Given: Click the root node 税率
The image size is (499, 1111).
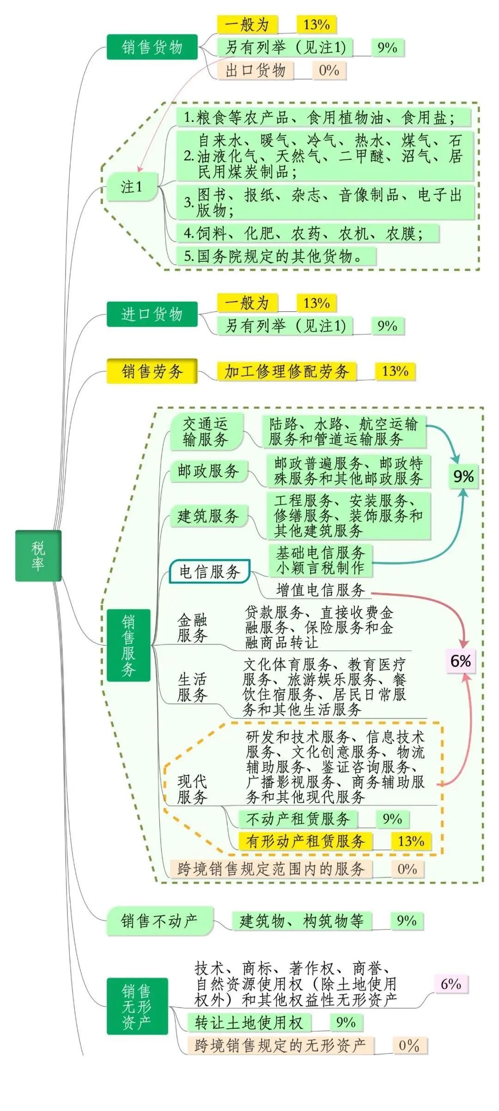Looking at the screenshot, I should (38, 555).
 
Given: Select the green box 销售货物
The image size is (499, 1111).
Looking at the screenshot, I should (152, 47).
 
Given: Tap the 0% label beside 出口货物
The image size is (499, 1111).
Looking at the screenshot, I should (329, 70).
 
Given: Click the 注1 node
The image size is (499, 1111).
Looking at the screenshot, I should (132, 187).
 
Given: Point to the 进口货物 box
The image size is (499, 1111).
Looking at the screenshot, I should (152, 314).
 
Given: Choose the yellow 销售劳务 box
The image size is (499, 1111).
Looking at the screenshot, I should (152, 371).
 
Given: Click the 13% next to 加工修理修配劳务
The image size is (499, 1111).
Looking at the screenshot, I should (395, 371).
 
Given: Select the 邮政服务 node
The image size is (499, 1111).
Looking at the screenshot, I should (208, 471).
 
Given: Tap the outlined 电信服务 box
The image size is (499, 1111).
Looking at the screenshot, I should (210, 572).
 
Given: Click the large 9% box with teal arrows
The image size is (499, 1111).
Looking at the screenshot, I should (463, 477).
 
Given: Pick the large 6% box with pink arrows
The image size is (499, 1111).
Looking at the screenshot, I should (460, 661).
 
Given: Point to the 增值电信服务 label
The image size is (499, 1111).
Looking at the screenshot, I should (320, 590).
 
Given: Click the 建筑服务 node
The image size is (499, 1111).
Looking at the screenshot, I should (208, 516).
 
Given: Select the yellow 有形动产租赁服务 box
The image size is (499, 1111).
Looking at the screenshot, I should (305, 841).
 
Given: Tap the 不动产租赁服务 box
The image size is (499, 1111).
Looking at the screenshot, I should (298, 819).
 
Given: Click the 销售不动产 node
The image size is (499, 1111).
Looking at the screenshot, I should (159, 921).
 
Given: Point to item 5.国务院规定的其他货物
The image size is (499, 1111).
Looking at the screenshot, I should (276, 256).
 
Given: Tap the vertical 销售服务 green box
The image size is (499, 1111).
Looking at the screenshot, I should (128, 645).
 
